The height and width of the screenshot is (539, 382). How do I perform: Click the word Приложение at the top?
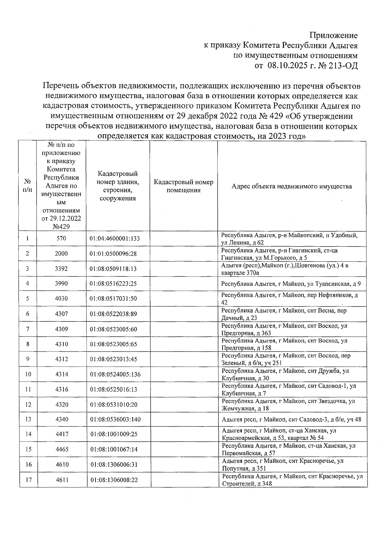point(334,35)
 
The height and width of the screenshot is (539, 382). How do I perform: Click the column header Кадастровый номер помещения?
point(183,186)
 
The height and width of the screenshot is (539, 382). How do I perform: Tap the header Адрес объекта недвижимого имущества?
point(292,186)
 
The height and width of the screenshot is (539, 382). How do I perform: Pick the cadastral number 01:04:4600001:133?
point(115,238)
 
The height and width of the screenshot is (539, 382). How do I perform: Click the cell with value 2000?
point(61,254)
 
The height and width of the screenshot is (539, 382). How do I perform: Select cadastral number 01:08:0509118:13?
point(113,269)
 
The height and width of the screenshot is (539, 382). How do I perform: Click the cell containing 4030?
point(61,298)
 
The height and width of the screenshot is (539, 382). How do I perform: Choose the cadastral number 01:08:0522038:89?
point(113,314)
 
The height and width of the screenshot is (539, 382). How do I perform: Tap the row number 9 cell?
point(28,359)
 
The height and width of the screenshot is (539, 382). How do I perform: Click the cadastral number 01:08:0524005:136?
point(115,374)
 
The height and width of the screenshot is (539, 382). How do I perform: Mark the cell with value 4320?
point(61,405)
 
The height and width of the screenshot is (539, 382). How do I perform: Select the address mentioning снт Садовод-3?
point(291,420)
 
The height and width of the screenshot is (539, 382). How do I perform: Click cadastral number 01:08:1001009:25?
point(114,434)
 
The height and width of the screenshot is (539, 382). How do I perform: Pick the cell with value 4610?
point(62,464)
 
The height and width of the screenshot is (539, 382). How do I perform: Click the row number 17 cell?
point(28,480)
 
